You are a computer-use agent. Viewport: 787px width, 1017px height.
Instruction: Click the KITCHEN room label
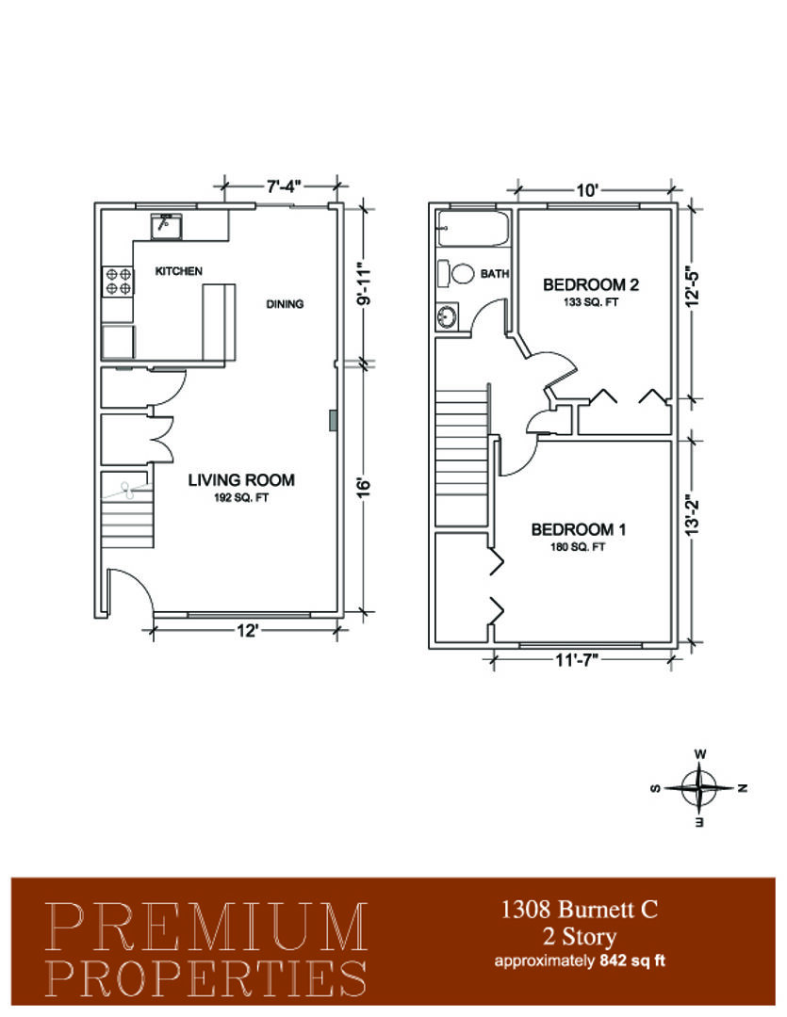coord(178,271)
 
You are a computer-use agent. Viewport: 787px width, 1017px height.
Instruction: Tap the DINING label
coord(285,303)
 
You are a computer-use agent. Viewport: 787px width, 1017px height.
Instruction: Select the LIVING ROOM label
coord(241,480)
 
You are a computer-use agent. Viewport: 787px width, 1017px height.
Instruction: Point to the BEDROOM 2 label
coord(591,284)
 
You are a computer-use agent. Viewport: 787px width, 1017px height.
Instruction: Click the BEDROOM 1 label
coord(578,529)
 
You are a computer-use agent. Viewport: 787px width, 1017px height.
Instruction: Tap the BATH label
coord(494,274)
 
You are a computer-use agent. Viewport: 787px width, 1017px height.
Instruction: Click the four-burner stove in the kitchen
coord(118,282)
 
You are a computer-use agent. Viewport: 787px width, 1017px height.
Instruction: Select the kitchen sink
coord(166,226)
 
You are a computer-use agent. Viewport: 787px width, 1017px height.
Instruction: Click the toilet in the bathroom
coord(455,273)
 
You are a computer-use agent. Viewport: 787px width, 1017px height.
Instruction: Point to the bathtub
coord(473,228)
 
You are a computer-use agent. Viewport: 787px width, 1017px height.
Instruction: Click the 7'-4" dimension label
coord(284,186)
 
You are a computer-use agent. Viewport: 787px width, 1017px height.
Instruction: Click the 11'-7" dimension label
coord(577,660)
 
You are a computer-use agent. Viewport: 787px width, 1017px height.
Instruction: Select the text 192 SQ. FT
coord(241,498)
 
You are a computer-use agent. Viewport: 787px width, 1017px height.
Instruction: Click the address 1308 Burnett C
coord(580,910)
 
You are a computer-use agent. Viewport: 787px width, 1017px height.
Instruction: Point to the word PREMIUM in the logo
coord(206,927)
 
